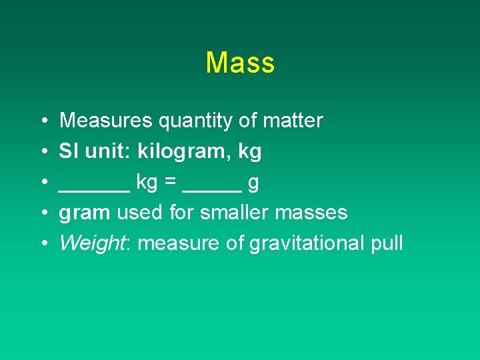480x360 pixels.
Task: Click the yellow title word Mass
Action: point(240,63)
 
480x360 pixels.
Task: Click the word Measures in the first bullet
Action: point(107,121)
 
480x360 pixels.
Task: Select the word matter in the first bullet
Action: point(293,121)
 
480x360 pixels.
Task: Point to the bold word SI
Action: point(67,151)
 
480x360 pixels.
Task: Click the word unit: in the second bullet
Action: point(106,151)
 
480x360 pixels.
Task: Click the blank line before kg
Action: point(94,189)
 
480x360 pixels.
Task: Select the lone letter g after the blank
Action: point(253,184)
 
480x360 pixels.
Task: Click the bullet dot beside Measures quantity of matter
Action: point(42,121)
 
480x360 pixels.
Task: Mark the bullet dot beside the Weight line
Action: point(42,243)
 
